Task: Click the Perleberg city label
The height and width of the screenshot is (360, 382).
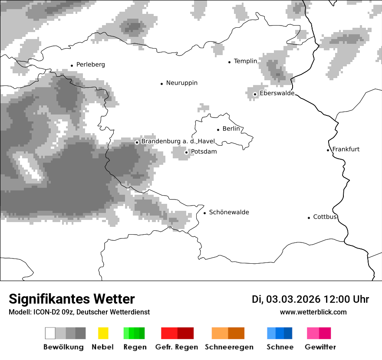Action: tap(90, 65)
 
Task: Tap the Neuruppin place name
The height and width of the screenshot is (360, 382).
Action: tap(181, 83)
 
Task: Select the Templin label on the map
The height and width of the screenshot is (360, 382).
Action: tap(245, 61)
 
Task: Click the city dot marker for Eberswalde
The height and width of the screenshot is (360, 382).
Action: tap(255, 94)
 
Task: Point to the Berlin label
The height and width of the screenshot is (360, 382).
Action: tap(231, 129)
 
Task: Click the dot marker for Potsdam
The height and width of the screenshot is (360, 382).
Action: tap(186, 152)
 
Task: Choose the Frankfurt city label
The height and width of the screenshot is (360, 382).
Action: tap(346, 149)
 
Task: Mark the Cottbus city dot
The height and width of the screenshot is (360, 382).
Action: tap(309, 218)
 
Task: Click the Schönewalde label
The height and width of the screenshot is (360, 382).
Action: tap(229, 212)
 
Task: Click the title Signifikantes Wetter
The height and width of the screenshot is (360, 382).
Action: tap(72, 299)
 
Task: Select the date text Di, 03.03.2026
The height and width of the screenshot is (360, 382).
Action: tap(286, 299)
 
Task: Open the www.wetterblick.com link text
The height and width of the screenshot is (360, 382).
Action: tap(313, 312)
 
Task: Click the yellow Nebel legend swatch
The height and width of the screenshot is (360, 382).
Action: tap(103, 333)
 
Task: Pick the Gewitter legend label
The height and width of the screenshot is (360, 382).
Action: tap(320, 347)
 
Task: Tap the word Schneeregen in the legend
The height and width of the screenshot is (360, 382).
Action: tap(229, 347)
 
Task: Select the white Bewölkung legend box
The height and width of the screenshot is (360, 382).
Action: tap(50, 333)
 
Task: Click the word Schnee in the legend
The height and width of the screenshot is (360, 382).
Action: tap(280, 347)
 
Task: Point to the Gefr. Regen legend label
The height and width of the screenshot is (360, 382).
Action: tap(176, 347)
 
